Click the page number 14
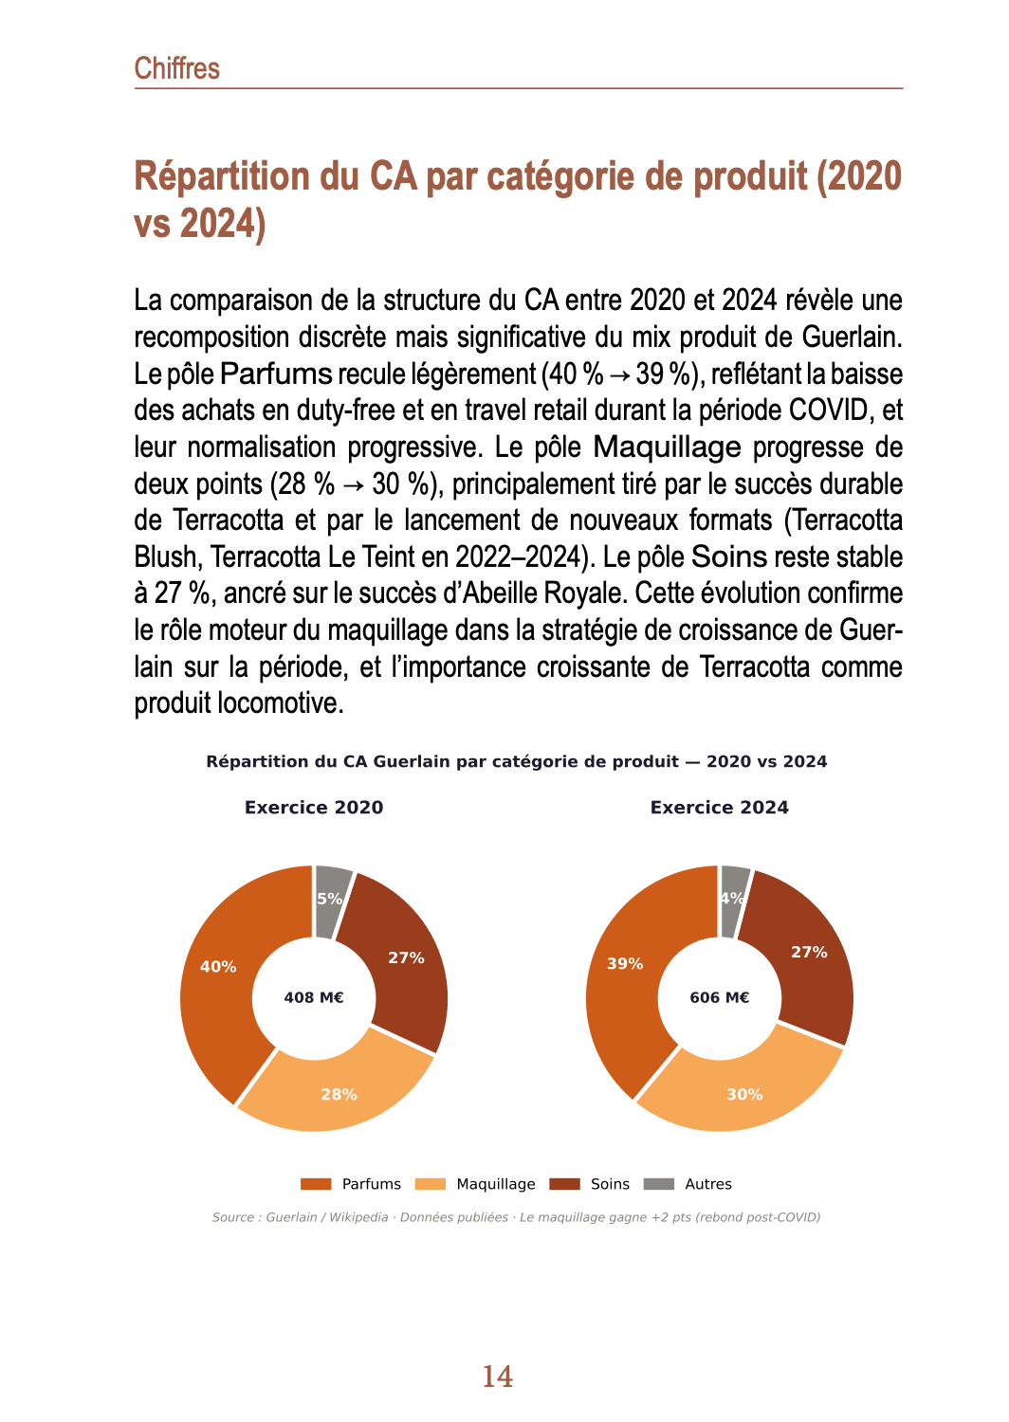498,1376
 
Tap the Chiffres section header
177,68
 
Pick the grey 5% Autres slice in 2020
331,898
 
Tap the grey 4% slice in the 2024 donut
732,898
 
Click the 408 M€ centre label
314,997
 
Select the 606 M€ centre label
719,997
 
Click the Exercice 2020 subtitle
314,808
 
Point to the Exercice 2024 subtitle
719,808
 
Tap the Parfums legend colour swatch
316,1184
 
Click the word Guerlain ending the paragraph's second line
852,337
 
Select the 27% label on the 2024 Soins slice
809,952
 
